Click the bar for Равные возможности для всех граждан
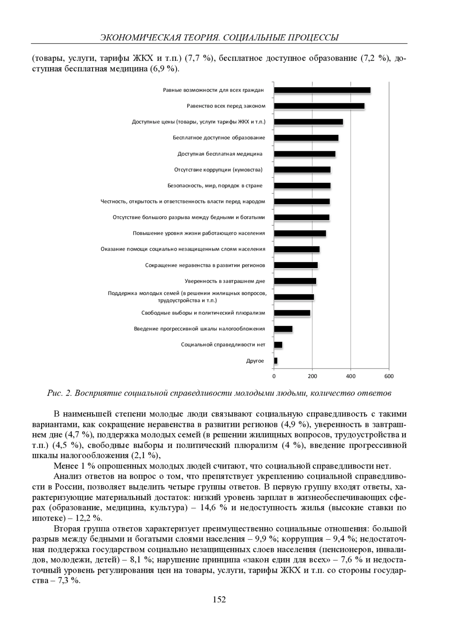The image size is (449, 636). coord(322,90)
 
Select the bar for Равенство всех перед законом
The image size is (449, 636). coord(319,106)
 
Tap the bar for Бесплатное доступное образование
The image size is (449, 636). coord(306,138)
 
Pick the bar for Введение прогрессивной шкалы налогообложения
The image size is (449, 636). coord(283,329)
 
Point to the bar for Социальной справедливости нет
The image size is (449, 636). coord(278,345)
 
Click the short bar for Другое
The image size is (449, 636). coord(276,361)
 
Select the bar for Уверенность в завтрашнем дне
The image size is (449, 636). coord(295,281)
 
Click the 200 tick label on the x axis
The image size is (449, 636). coord(312,376)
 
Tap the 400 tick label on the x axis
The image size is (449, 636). coord(351,376)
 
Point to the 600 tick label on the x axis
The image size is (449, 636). coord(389,376)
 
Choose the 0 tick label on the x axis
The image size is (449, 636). coord(274,376)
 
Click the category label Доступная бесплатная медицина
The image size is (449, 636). coord(220,154)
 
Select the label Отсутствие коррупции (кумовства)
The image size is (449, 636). coord(218,170)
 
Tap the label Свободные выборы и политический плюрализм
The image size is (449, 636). coord(203,313)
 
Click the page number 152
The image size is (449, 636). coord(219,600)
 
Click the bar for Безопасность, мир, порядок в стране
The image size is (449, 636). coord(302,186)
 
